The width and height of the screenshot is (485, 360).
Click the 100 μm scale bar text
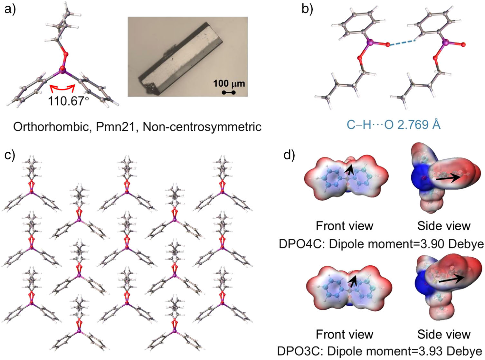229,84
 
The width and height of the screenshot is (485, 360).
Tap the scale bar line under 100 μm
229,93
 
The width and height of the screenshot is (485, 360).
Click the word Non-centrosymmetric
202,127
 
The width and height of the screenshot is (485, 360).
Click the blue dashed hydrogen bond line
401,43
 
